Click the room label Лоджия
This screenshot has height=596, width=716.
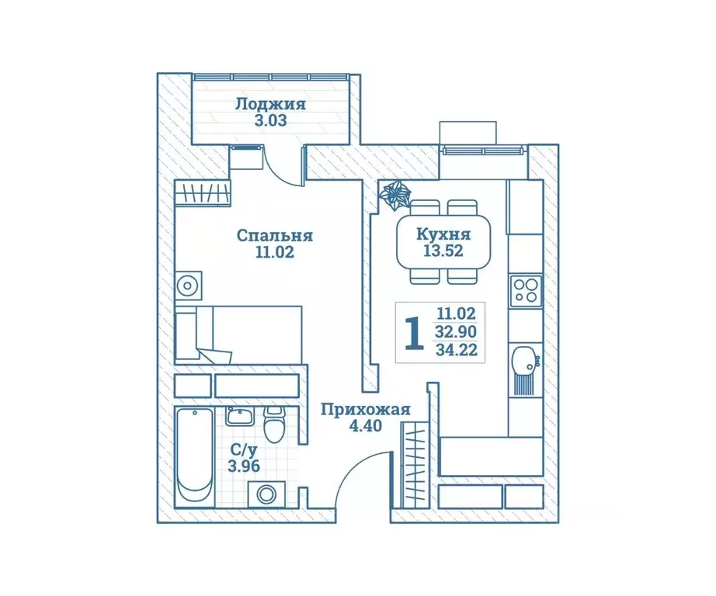pyautogui.click(x=270, y=104)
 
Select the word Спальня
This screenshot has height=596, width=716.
pyautogui.click(x=274, y=235)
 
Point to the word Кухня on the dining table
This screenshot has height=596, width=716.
pyautogui.click(x=443, y=234)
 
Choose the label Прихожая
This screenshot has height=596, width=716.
pyautogui.click(x=364, y=411)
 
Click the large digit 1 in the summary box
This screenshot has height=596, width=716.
pyautogui.click(x=415, y=333)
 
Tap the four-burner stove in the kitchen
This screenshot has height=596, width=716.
pyautogui.click(x=525, y=289)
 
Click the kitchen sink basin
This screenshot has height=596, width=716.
pyautogui.click(x=523, y=359)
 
